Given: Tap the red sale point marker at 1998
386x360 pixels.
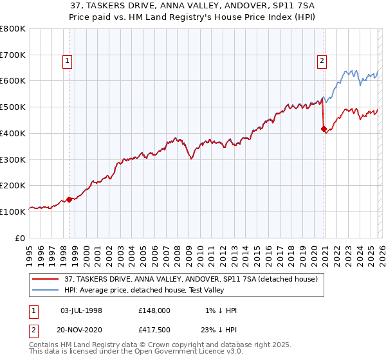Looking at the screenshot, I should click(69, 199).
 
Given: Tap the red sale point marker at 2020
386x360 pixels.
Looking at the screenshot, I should click(324, 129).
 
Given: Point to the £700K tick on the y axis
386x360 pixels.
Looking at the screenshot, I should click(14, 55).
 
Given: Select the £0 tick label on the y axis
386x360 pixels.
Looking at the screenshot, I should click(21, 238).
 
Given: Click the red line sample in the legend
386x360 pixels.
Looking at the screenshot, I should click(46, 280).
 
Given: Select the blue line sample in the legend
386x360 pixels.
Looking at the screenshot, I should click(46, 291).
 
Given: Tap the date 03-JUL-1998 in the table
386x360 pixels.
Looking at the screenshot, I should click(81, 310).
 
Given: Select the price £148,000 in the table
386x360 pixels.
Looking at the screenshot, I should click(154, 310).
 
